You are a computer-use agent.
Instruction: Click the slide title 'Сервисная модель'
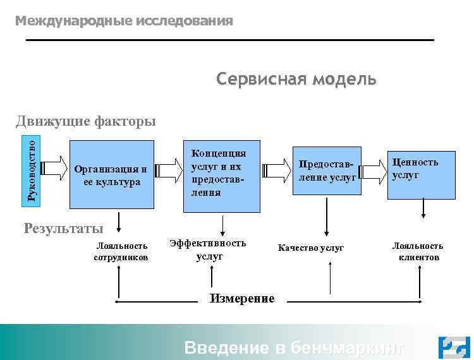[x=296, y=80]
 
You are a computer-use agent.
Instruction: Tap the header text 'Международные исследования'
[x=124, y=21]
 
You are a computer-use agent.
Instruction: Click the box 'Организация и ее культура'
[x=111, y=175]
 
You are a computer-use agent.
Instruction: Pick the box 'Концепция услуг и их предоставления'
[x=221, y=175]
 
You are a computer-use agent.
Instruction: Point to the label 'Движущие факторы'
[x=86, y=120]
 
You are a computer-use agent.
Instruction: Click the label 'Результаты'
[x=63, y=228]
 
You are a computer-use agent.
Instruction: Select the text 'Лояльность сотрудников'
[x=121, y=251]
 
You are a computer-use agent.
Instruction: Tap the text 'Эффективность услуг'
[x=209, y=249]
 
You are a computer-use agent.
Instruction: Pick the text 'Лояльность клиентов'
[x=418, y=251]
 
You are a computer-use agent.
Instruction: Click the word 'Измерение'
[x=242, y=298]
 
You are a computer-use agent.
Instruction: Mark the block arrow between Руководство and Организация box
[x=54, y=168]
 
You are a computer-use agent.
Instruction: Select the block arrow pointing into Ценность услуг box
[x=373, y=170]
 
